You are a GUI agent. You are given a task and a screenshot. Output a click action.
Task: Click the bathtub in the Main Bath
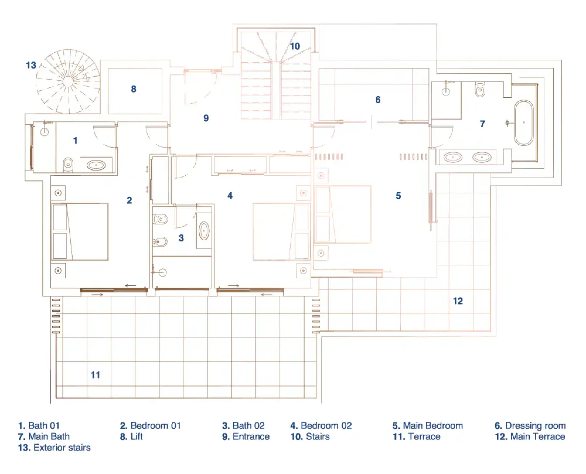tap(524, 123)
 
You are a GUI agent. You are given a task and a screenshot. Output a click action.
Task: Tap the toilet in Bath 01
tap(68, 165)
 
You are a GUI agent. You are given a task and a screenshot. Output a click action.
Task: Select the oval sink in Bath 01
tap(96, 165)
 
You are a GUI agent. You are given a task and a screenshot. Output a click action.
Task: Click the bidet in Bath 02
tap(160, 241)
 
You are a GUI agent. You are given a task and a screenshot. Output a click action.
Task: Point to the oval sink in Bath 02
tap(204, 231)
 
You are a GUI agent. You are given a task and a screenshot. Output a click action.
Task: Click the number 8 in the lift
tap(133, 89)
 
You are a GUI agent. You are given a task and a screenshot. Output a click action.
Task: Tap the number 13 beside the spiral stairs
tap(31, 65)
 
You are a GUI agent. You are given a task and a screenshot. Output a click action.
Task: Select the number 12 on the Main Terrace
tap(458, 301)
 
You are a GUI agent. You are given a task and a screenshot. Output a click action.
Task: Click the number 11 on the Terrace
tap(95, 375)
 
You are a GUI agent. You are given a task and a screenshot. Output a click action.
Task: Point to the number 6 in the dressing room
tap(378, 100)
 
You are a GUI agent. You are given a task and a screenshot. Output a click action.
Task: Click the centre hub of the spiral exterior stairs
tap(68, 81)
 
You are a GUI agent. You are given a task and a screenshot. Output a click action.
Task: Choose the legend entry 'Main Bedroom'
tap(433, 426)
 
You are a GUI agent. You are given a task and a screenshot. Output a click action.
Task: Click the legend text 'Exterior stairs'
tap(62, 447)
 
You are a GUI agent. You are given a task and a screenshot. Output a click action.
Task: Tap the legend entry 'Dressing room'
tap(535, 426)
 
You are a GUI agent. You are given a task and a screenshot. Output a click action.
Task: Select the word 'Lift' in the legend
tap(136, 437)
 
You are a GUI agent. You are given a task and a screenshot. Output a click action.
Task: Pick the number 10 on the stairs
tap(295, 46)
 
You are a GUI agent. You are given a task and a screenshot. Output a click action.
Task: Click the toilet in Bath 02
tap(160, 219)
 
